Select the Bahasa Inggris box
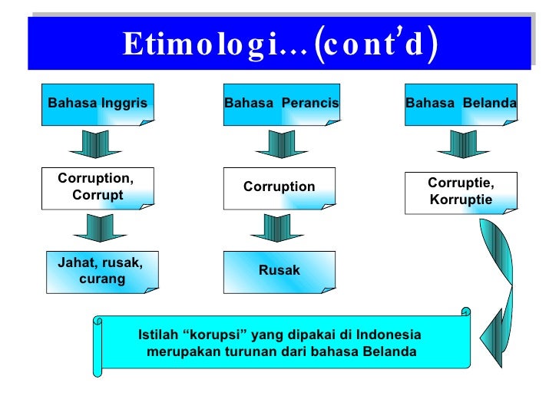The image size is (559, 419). pyautogui.click(x=99, y=104)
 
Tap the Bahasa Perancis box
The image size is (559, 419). pyautogui.click(x=281, y=104)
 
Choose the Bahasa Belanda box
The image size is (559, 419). pyautogui.click(x=461, y=104)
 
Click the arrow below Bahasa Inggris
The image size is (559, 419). pyautogui.click(x=95, y=144)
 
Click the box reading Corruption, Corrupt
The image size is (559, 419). pyautogui.click(x=99, y=187)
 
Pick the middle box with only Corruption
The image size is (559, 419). pyautogui.click(x=279, y=187)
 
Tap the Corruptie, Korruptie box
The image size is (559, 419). pyautogui.click(x=461, y=193)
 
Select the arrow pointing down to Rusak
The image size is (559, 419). pyautogui.click(x=278, y=229)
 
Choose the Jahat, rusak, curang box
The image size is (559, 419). pyautogui.click(x=101, y=272)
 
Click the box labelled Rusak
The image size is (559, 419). pyautogui.click(x=279, y=271)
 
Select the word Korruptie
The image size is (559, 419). pyautogui.click(x=461, y=200)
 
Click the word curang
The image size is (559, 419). pyautogui.click(x=102, y=279)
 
